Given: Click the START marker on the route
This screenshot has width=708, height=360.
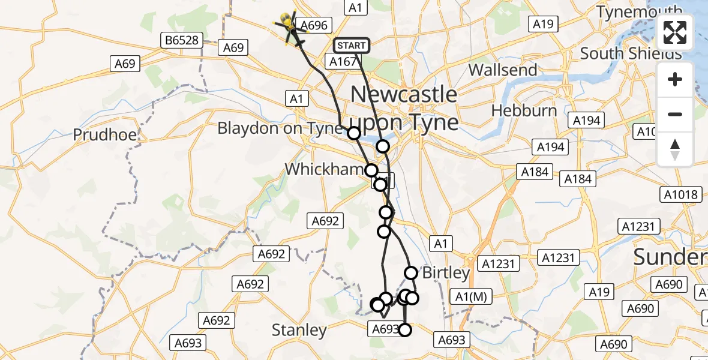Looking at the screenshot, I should coord(351,45).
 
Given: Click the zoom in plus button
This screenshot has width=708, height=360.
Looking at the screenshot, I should coord(675,79).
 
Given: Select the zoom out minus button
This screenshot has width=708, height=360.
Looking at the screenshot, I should coord(675,114).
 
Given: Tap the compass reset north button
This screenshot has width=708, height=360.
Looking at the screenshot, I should coord(675,149).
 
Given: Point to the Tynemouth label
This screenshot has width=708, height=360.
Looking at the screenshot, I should coord(640,11).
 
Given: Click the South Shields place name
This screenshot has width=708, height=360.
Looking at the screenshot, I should coord(631,53).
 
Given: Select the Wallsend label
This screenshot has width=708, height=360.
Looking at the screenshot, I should coord(503,70).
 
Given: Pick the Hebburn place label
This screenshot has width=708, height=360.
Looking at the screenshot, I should coord(524,110).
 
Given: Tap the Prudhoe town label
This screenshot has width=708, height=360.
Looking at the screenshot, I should coord(105,134).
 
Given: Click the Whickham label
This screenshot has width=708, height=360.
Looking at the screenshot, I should coord(324,169).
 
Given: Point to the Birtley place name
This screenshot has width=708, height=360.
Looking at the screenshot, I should coord(446,272).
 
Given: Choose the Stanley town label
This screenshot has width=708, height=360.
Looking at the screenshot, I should coord(299,329).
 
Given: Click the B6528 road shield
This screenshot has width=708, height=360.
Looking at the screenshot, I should coord(183,41).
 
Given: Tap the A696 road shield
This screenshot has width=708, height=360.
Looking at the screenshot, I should coord(314,25).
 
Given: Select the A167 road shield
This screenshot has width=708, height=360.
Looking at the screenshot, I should coord(343,61).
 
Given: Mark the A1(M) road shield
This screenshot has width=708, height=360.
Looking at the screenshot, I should coord(470,296).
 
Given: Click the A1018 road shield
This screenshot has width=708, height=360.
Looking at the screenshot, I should coord(681,194).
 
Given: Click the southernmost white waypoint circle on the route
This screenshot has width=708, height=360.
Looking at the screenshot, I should coord(406,329).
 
